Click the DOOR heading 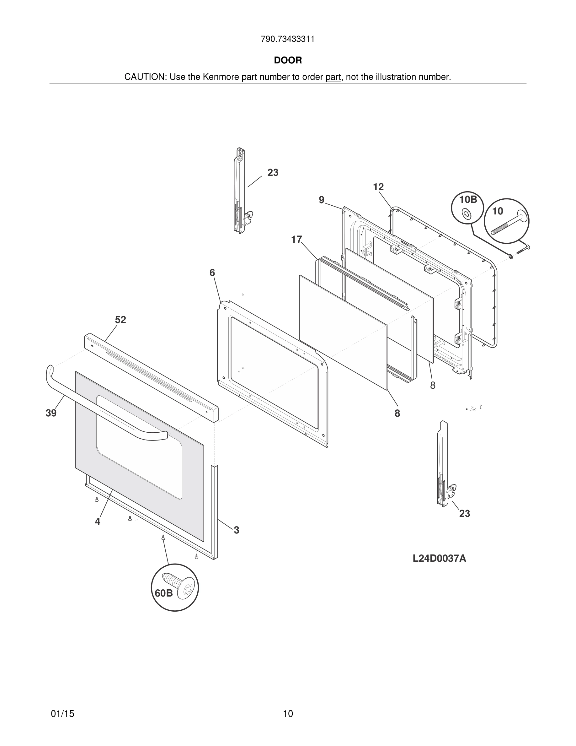point(288,61)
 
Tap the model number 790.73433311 point(288,39)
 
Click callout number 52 point(120,320)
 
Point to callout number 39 point(51,413)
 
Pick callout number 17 point(296,240)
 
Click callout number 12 point(378,187)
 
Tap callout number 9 point(322,200)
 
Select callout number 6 point(212,273)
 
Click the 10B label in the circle point(468,199)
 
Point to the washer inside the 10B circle point(466,214)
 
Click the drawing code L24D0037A point(439,559)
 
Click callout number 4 point(98,522)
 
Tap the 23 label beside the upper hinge point(273,172)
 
